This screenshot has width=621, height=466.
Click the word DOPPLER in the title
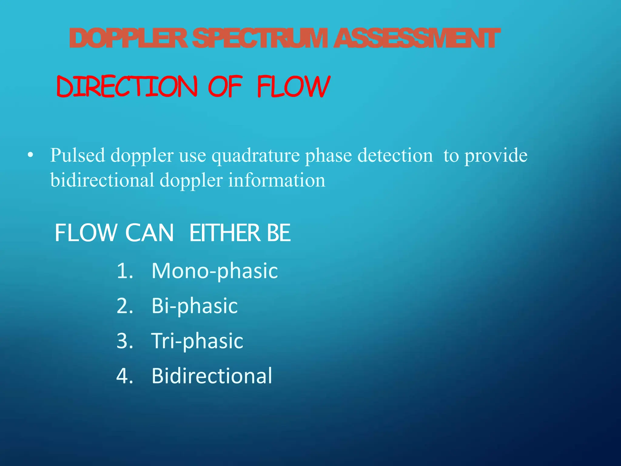click(x=129, y=39)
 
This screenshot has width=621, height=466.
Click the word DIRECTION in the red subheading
click(x=127, y=87)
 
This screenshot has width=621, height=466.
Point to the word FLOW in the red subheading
click(x=294, y=87)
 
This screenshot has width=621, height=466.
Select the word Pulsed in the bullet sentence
click(x=77, y=155)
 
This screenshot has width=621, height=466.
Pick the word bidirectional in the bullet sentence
click(x=102, y=180)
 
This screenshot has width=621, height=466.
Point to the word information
click(x=277, y=180)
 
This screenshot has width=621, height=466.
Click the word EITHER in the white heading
click(x=225, y=233)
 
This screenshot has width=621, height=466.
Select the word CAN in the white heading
click(x=149, y=233)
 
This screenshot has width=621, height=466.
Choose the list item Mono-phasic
click(x=215, y=271)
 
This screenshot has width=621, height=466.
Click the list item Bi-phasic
click(x=195, y=306)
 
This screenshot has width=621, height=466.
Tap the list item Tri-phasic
click(x=197, y=341)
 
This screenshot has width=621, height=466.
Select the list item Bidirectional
click(x=212, y=376)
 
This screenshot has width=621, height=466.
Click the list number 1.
click(x=125, y=271)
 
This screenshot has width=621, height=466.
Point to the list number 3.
click(x=125, y=341)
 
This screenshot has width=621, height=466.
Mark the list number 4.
click(x=125, y=376)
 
